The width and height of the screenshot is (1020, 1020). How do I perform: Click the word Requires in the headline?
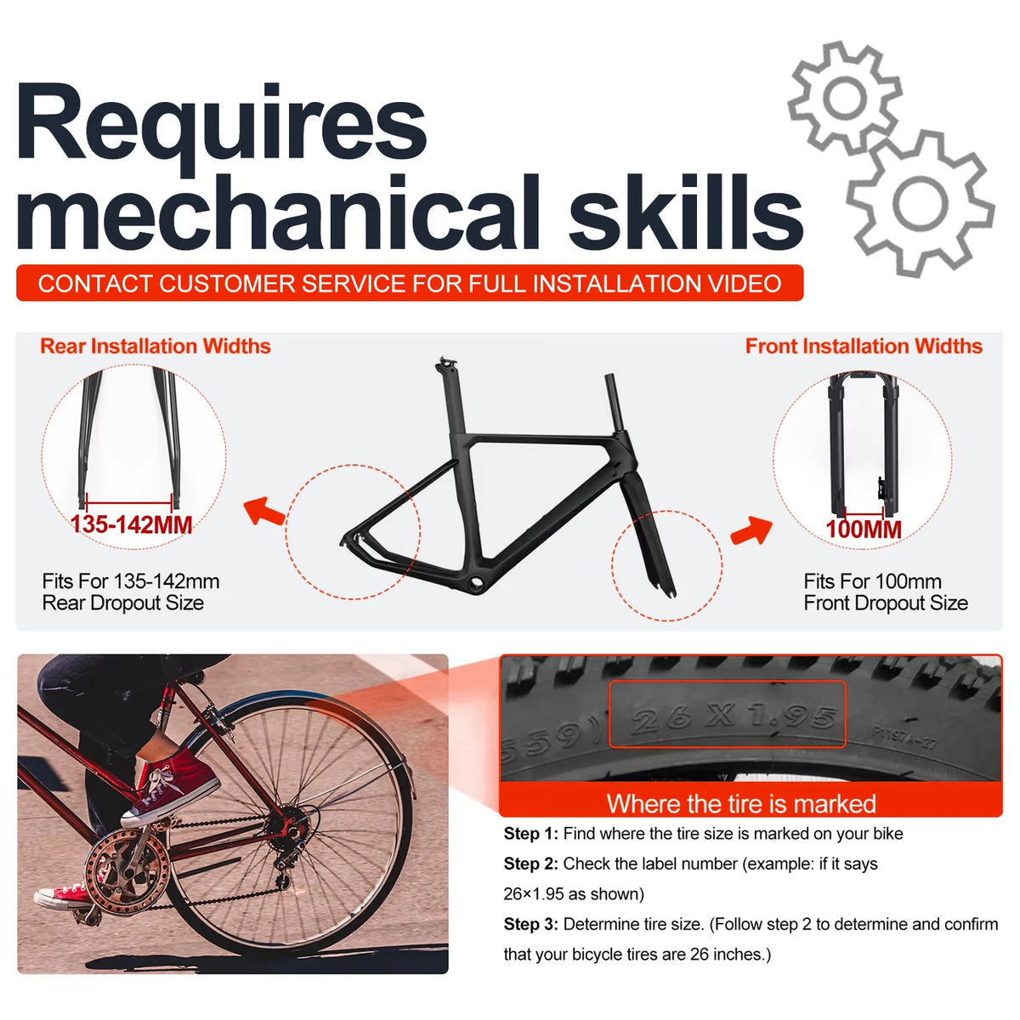coord(223,130)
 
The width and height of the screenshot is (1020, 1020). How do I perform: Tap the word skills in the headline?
coord(686,212)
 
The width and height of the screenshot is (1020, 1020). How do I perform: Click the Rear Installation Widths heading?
coord(156,346)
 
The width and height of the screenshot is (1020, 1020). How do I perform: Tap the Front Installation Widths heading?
coord(864,346)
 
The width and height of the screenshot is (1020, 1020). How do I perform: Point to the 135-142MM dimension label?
coord(131,524)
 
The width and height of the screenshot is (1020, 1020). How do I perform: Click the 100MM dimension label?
coord(864,530)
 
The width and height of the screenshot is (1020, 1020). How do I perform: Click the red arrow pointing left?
coord(264,511)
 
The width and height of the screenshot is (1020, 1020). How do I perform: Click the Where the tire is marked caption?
coord(741,804)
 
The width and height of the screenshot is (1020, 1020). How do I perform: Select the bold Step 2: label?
coord(531,864)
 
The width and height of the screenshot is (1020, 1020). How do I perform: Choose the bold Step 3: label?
coord(531,924)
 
